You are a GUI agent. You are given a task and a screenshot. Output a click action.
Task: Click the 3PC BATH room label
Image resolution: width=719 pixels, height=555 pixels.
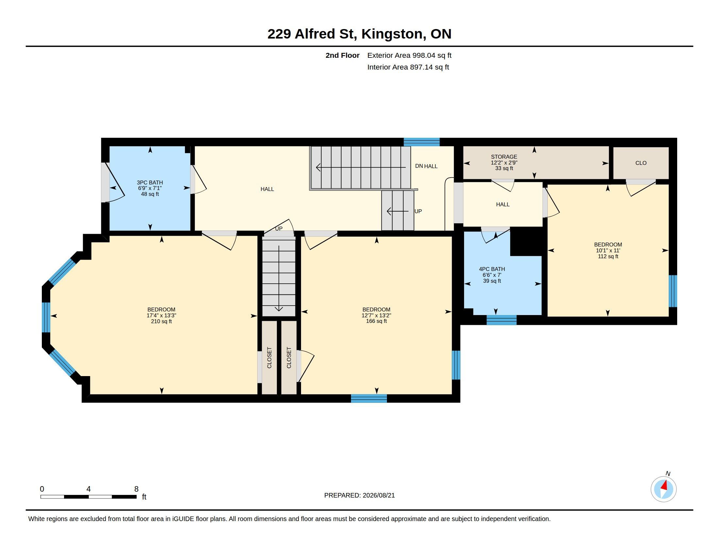click(x=150, y=182)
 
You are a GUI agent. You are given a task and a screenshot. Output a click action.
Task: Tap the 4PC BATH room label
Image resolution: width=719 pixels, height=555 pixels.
click(x=492, y=269)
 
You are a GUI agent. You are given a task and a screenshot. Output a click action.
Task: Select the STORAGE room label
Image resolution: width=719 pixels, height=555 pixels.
click(x=504, y=157)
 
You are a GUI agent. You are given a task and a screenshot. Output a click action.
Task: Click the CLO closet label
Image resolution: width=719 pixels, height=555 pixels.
click(x=641, y=163)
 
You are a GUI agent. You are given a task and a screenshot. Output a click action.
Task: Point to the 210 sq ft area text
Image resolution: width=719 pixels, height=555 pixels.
click(x=161, y=321)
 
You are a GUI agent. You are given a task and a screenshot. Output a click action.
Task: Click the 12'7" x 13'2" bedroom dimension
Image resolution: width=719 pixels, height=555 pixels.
click(x=376, y=315)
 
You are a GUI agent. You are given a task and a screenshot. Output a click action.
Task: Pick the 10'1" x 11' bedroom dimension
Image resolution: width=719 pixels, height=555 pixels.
click(x=608, y=250)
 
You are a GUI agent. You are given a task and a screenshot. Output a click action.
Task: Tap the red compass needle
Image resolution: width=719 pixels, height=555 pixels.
click(x=665, y=485)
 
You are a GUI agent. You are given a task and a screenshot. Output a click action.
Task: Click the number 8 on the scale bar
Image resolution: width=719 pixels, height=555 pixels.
click(x=136, y=489)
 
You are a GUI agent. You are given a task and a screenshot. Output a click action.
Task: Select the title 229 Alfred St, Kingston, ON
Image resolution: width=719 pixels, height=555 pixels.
click(x=359, y=34)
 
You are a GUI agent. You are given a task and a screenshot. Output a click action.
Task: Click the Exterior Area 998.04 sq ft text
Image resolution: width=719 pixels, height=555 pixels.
click(x=409, y=55)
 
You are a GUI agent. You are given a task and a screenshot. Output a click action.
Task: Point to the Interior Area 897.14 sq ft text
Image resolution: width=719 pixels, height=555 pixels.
click(x=408, y=67)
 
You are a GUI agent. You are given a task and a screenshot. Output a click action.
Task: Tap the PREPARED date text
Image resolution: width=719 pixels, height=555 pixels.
click(x=359, y=495)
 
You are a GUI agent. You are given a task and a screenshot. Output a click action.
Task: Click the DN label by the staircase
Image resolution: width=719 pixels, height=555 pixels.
click(x=419, y=166)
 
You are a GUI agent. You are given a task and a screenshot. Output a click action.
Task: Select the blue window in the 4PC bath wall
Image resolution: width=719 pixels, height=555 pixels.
click(x=501, y=320)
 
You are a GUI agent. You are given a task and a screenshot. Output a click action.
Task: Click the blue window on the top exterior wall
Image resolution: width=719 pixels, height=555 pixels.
click(x=422, y=142)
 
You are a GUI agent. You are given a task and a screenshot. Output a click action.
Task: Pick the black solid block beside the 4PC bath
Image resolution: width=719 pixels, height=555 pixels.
click(x=526, y=241)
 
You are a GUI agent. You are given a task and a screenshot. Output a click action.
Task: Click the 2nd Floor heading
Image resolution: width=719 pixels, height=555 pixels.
click(x=343, y=55)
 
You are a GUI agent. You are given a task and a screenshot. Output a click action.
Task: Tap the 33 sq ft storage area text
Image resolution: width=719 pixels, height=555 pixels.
click(x=504, y=168)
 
